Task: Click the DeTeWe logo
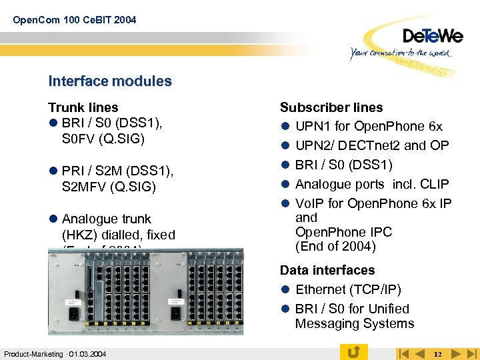[x=432, y=36]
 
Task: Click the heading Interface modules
[x=110, y=81]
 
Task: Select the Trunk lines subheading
[x=83, y=107]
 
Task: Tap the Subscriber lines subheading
[x=331, y=107]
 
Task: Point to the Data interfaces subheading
[x=327, y=270]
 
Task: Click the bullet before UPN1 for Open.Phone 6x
[x=284, y=127]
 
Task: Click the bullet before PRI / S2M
[x=52, y=172]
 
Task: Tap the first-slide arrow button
[x=402, y=353]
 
